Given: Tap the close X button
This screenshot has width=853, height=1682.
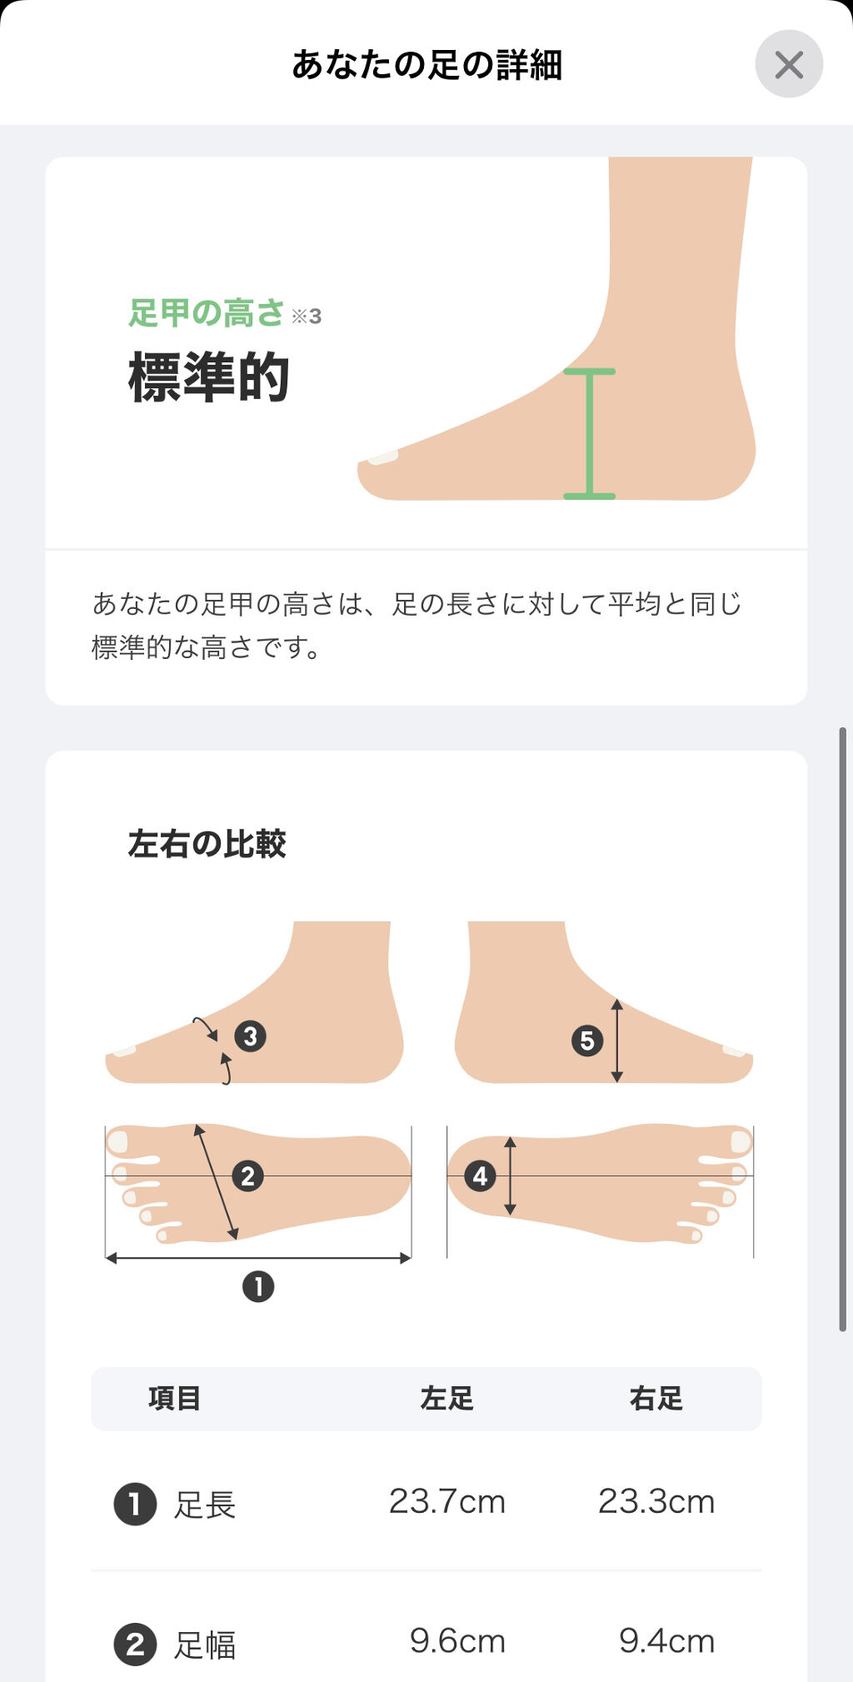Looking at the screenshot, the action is pyautogui.click(x=789, y=64).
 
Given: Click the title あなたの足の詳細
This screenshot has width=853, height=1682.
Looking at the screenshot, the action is pyautogui.click(x=426, y=65).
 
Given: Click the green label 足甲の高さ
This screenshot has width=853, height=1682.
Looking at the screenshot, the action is pyautogui.click(x=207, y=313).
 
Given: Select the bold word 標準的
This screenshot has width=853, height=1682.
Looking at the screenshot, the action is pyautogui.click(x=209, y=377).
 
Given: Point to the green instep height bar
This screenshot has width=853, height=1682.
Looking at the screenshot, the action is pyautogui.click(x=590, y=433).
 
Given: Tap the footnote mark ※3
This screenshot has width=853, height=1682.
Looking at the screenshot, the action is pyautogui.click(x=307, y=316).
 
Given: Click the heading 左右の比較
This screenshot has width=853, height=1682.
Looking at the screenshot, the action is pyautogui.click(x=207, y=844).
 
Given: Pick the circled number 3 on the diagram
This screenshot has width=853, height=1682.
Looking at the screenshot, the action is pyautogui.click(x=250, y=1036).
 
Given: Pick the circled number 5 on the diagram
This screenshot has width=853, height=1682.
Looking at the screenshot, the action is pyautogui.click(x=587, y=1041).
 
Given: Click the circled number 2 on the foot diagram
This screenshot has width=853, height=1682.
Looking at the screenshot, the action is pyautogui.click(x=247, y=1176).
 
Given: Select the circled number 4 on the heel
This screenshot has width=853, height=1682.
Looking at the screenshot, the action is pyautogui.click(x=480, y=1176).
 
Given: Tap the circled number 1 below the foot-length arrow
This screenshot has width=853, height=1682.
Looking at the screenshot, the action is pyautogui.click(x=258, y=1286).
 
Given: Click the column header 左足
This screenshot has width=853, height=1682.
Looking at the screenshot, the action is pyautogui.click(x=447, y=1398).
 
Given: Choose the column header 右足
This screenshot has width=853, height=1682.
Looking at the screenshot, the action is pyautogui.click(x=656, y=1398).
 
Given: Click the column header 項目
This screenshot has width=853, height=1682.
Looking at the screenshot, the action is pyautogui.click(x=175, y=1398).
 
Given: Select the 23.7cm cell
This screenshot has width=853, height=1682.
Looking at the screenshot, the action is pyautogui.click(x=447, y=1501).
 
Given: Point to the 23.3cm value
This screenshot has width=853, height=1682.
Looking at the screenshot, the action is pyautogui.click(x=656, y=1501).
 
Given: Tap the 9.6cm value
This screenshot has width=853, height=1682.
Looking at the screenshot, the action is pyautogui.click(x=457, y=1641).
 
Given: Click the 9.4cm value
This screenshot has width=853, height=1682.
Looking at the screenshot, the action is pyautogui.click(x=666, y=1641).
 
